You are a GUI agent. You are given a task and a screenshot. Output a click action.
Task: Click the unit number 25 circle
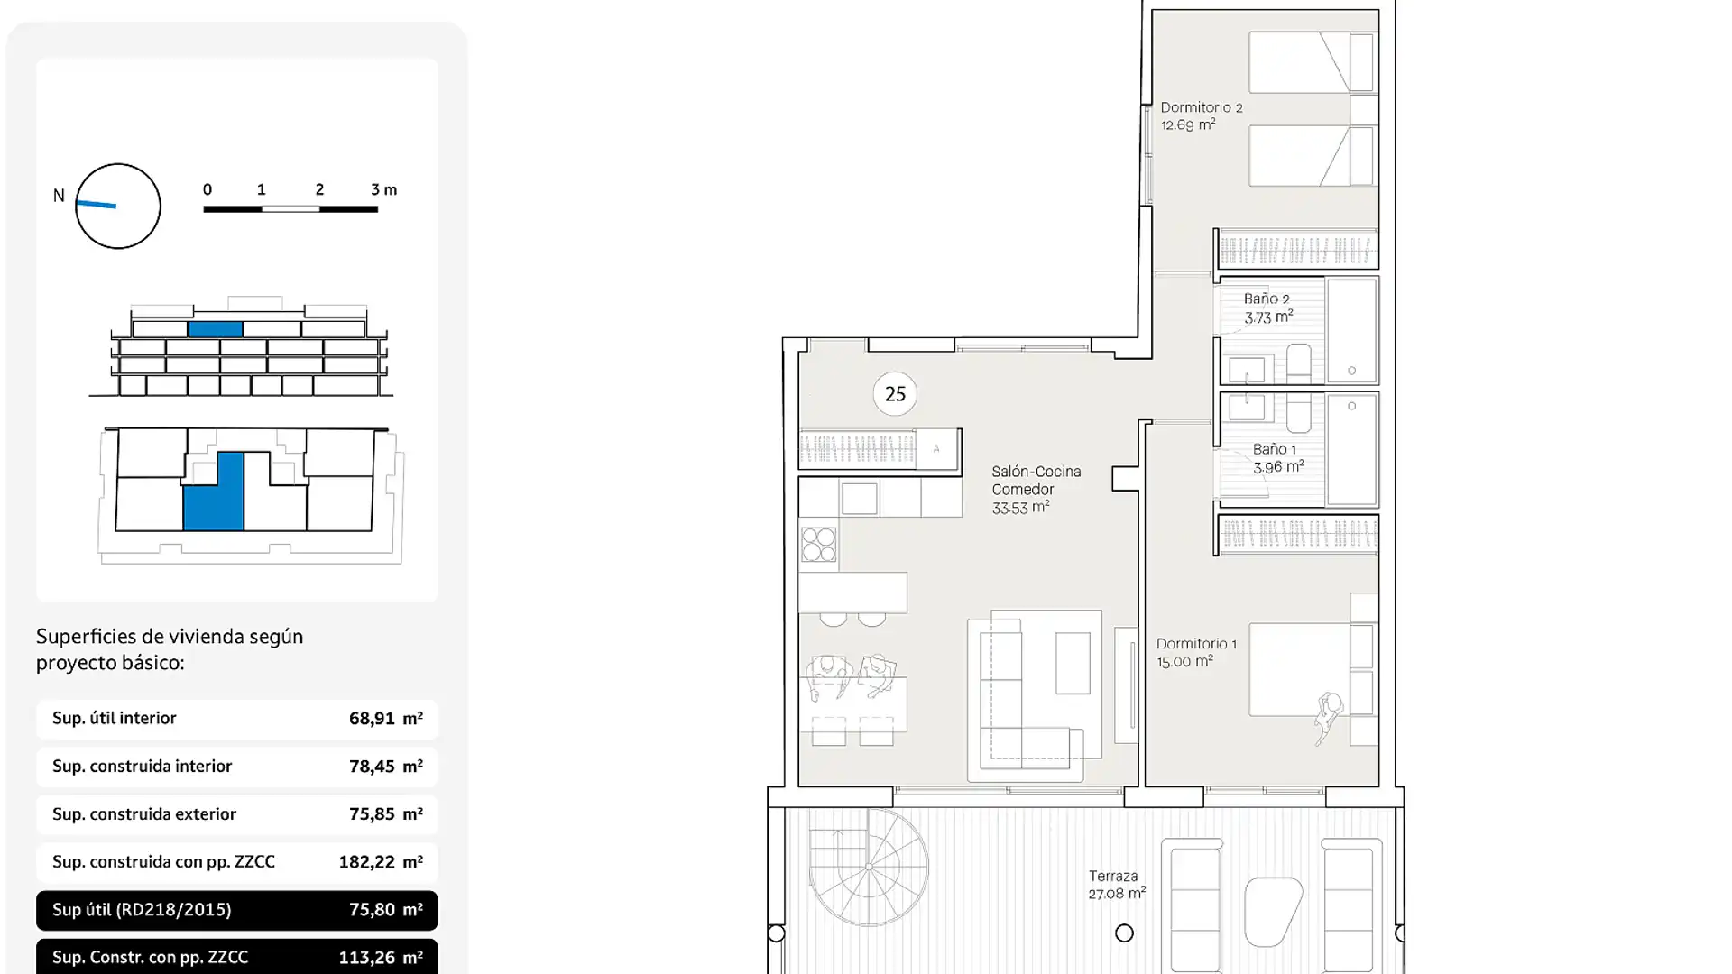coord(895,394)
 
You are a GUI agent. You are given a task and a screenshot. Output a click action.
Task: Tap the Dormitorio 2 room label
coord(1201,116)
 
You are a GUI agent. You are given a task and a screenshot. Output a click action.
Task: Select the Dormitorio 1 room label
coord(1196,652)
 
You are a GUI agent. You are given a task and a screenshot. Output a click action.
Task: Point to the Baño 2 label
coord(1267,308)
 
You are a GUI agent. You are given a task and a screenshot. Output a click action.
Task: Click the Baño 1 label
coord(1277,458)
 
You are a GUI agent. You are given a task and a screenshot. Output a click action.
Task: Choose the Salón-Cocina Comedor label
coord(1036,490)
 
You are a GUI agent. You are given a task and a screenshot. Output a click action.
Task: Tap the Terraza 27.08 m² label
coord(1117,885)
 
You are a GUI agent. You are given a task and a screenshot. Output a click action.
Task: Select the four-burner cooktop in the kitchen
coord(818,545)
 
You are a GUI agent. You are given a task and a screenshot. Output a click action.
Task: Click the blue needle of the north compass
coord(96,205)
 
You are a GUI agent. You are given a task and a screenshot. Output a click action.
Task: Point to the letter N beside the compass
coord(59,196)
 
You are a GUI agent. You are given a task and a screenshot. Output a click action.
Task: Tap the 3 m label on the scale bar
coord(383,189)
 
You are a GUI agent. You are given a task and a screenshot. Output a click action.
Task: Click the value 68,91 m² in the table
coord(385,719)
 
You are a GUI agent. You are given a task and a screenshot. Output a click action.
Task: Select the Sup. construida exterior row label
coord(144,814)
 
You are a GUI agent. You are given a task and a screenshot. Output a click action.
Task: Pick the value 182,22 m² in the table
coord(380,862)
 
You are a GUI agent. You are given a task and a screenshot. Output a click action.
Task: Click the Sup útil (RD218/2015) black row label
coord(142,910)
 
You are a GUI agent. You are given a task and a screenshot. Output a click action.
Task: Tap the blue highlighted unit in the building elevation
coord(216,329)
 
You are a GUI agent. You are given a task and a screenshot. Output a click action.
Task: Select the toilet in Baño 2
coord(1299,363)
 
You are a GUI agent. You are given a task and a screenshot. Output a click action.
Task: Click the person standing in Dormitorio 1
coord(1328,715)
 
